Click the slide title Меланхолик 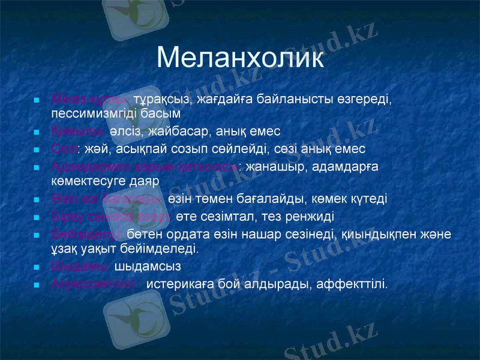coord(240,59)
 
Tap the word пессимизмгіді coord(90,112)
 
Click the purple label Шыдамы coord(80,265)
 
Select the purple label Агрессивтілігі coord(95,283)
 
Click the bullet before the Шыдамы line coord(37,266)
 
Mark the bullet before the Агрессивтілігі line coord(37,283)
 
